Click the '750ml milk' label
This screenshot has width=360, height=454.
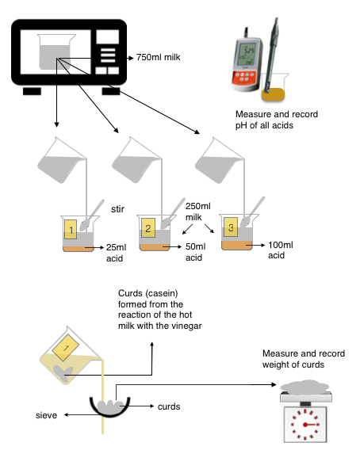159,57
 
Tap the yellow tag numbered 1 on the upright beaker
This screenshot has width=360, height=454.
71,230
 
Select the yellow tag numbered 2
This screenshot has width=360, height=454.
147,228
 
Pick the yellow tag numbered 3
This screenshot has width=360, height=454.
231,227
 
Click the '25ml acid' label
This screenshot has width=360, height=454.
116,253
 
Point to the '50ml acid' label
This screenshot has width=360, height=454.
195,252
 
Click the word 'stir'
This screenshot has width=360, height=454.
117,208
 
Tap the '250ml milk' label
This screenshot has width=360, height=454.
198,212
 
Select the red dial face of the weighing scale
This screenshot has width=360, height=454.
305,425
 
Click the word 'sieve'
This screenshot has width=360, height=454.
46,415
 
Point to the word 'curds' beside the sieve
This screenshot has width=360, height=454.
169,406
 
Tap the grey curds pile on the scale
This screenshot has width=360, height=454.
305,387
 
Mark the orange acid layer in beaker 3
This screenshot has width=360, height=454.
237,245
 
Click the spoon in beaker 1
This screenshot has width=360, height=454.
92,216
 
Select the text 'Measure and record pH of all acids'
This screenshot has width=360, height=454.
276,120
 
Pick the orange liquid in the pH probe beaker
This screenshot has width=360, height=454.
273,94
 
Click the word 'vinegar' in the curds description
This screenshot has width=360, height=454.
186,326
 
